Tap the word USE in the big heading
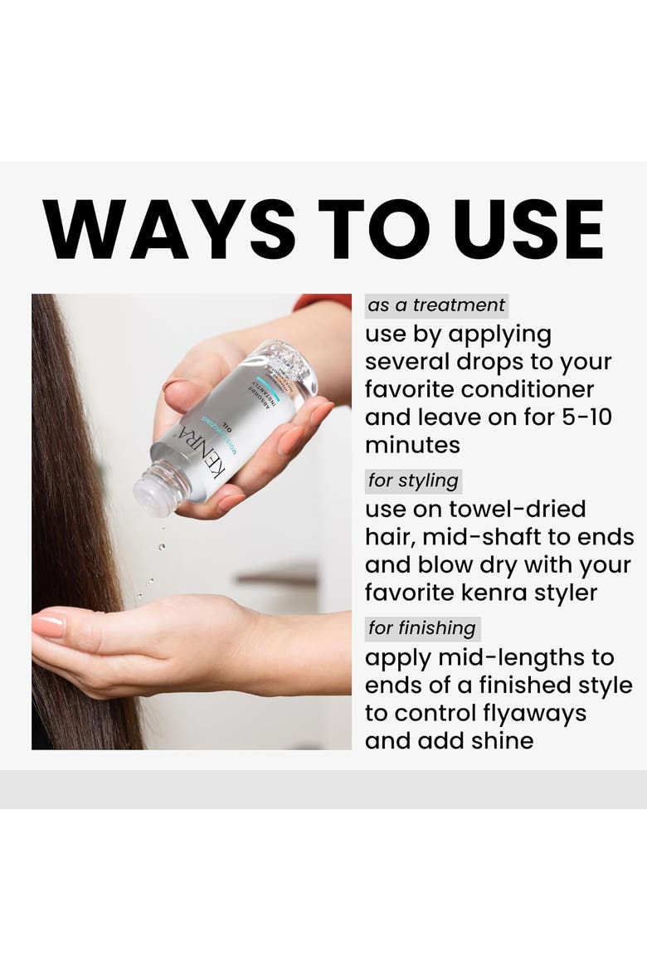pos(528,229)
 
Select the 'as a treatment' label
pos(436,305)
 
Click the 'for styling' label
pos(413,481)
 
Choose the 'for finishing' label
pos(422,628)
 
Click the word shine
pos(503,740)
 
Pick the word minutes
pos(412,445)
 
